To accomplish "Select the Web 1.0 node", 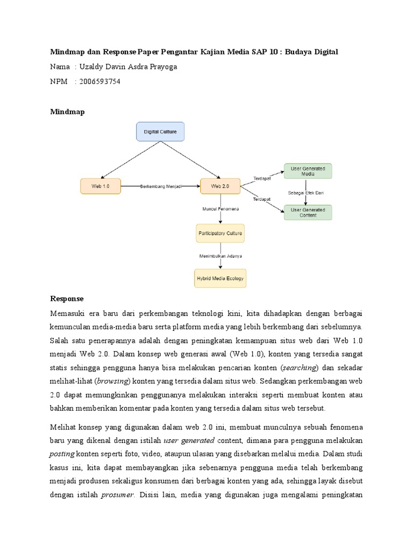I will [100, 186].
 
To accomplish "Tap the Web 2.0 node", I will [220, 186].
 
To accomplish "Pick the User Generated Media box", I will [308, 171].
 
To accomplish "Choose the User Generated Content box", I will [308, 212].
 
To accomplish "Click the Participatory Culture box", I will [220, 234].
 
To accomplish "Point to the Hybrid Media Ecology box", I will [220, 278].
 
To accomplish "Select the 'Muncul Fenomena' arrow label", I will [220, 208].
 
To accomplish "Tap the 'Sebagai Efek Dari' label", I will [308, 192].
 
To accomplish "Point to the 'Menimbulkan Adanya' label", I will [220, 256].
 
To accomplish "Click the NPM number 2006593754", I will [100, 81].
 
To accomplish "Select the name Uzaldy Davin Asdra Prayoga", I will [127, 67].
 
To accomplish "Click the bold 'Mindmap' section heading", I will [67, 111].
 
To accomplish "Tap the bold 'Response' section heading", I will [67, 298].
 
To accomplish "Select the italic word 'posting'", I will [62, 453].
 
